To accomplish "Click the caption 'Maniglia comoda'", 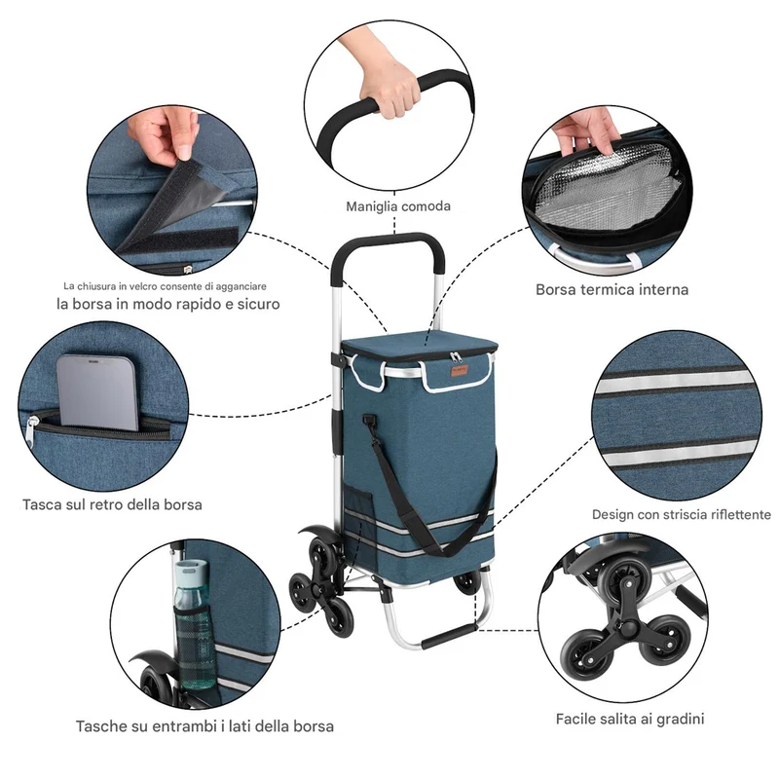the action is pos(398,206).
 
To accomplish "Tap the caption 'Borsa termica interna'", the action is pos(612,289).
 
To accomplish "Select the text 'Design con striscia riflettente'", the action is pos(681,515).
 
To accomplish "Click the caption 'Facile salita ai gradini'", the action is pos(630,719).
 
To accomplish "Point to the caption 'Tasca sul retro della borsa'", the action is pos(112,504).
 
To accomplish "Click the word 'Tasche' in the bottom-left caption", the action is pos(102,726).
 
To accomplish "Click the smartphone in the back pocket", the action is pos(97,391).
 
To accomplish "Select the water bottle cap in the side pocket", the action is pos(191,572).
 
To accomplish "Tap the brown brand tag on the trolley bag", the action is pos(459,372).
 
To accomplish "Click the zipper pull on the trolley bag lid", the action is pos(456,356).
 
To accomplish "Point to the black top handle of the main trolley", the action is pos(388,248).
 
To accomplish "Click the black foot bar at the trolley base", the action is pos(450,637).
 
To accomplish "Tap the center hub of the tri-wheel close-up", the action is pos(628,629).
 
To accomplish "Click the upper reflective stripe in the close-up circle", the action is pos(676,382).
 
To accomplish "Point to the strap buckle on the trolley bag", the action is pos(368,421).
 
